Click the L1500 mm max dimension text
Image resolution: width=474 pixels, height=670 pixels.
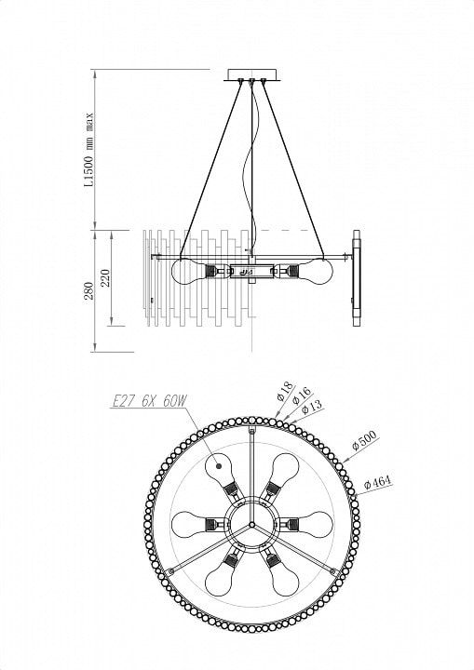[89, 150]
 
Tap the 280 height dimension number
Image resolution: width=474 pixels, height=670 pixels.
[89, 290]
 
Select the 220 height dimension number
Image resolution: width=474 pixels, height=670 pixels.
[106, 277]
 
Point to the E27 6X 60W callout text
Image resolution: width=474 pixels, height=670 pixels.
[149, 401]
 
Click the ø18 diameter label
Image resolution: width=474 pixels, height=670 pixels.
[284, 391]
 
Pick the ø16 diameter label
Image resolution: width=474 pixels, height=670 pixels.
[302, 395]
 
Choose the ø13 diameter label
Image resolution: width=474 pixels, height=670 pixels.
[312, 407]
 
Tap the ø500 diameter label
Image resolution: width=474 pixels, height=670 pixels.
[364, 440]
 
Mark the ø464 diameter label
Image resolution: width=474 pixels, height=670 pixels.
[377, 482]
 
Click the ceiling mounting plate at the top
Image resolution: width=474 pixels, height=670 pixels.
[252, 74]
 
